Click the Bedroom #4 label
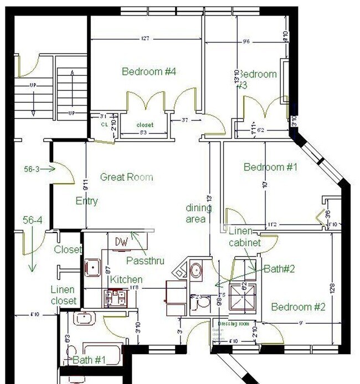pos(149,71)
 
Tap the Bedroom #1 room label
pos(271,167)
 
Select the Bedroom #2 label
pos(298,307)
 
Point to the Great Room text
pos(126,177)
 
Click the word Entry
pos(86,201)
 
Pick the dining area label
pos(198,213)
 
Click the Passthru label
pos(145,260)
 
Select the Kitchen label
pos(126,279)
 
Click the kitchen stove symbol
pos(115,298)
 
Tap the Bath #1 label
pos(91,360)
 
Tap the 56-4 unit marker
pos(33,220)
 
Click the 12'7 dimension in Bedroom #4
pos(146,39)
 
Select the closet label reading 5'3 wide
pos(145,125)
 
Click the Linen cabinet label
pos(240,235)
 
